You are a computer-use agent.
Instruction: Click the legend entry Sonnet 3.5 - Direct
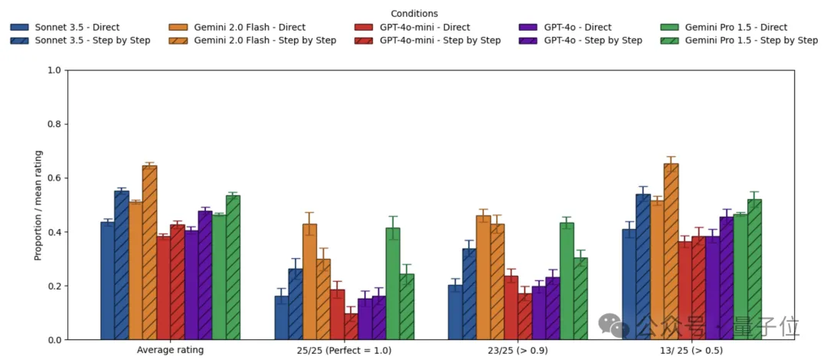point(77,28)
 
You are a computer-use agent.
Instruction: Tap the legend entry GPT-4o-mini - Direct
point(425,28)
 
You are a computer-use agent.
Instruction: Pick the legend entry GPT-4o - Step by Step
point(593,40)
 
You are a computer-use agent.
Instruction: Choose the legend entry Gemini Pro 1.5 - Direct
point(736,28)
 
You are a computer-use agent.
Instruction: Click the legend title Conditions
point(414,14)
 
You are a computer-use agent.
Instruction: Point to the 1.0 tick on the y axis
point(54,70)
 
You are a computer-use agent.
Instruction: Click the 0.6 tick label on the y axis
point(54,178)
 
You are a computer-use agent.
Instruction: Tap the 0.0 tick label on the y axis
point(54,340)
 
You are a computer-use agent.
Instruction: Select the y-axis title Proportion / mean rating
point(38,205)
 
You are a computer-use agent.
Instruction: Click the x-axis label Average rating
point(170,350)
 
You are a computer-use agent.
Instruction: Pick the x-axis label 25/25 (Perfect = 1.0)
point(344,350)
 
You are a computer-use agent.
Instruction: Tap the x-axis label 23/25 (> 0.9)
point(517,350)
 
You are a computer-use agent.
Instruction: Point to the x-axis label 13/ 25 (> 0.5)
point(690,350)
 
